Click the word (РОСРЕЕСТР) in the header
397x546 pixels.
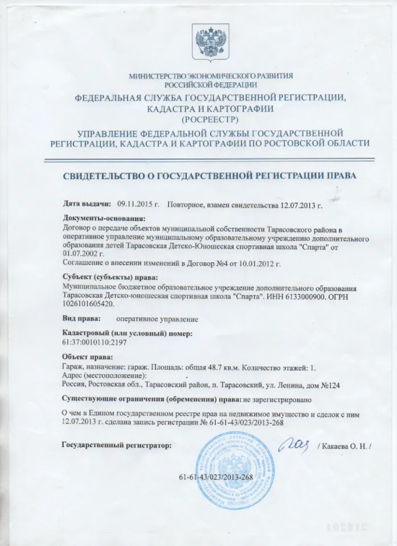pyautogui.click(x=211, y=119)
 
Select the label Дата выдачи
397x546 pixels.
pyautogui.click(x=85, y=203)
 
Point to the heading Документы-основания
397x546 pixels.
pyautogui.click(x=104, y=218)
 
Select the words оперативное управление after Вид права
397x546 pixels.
pyautogui.click(x=157, y=319)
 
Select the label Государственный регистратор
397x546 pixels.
pyautogui.click(x=116, y=446)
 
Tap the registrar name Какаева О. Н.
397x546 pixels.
pyautogui.click(x=345, y=446)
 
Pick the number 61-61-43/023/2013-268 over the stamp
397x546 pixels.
pyautogui.click(x=215, y=476)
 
